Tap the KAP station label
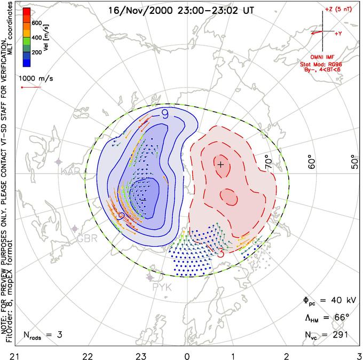point(70,172)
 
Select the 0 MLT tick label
point(187,355)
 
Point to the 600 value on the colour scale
point(36,24)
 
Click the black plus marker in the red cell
point(220,165)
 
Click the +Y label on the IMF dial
point(338,33)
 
